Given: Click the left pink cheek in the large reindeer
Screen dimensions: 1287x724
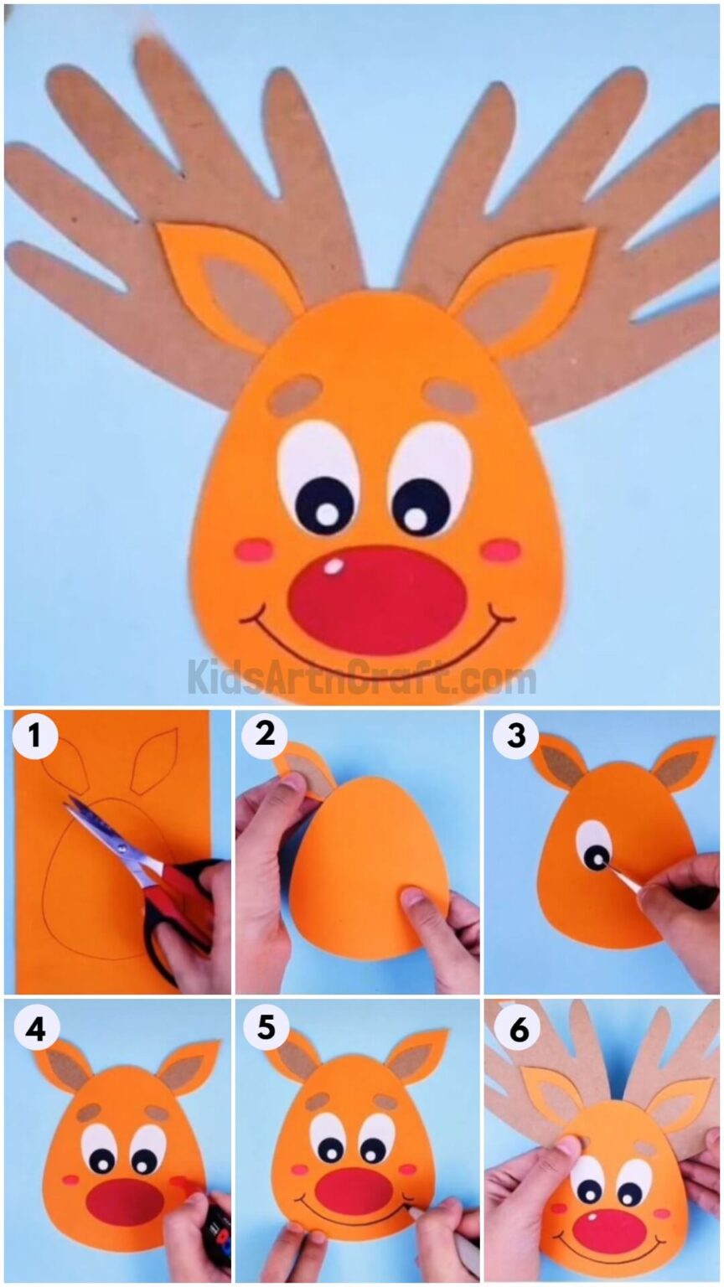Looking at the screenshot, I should click(254, 550).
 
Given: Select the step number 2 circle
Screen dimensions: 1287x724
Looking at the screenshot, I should click(266, 736).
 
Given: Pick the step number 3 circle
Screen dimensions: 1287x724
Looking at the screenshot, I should click(515, 737).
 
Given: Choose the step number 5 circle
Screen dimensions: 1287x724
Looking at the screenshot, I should click(266, 1027).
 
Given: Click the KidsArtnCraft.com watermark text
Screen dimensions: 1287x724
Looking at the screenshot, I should click(361, 677).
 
